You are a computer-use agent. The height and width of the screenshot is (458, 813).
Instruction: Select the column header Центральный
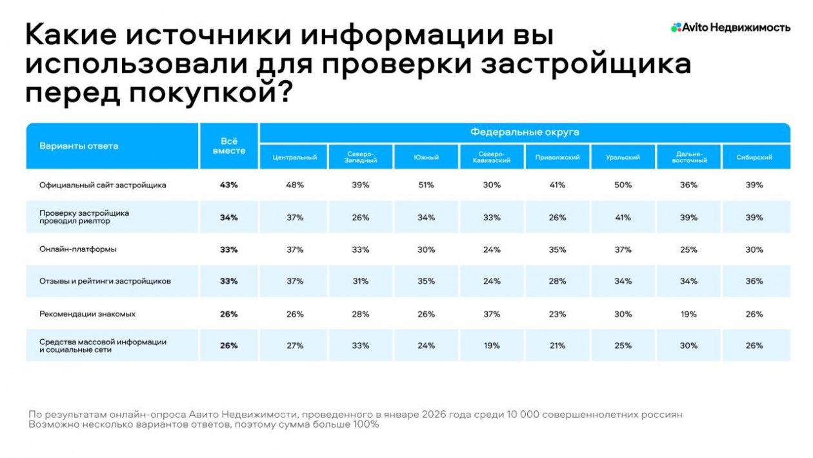tap(294, 158)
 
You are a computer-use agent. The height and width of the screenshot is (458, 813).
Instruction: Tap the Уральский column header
tap(623, 158)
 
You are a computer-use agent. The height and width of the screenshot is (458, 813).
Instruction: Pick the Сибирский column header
tap(754, 158)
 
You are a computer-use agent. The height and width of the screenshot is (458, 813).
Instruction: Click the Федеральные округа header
tap(524, 132)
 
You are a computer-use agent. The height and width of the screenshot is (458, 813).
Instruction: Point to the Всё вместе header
tap(228, 146)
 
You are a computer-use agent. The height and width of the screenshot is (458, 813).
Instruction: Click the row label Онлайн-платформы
tap(78, 249)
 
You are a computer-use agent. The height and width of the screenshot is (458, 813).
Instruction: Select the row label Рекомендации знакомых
tap(87, 314)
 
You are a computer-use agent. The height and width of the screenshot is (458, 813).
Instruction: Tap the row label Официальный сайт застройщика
tap(103, 185)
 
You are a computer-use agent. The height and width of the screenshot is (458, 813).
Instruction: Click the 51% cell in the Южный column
tap(426, 185)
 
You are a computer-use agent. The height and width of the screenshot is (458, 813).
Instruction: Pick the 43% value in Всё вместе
tap(228, 185)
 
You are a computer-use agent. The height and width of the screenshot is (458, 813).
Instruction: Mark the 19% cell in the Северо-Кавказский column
tap(492, 346)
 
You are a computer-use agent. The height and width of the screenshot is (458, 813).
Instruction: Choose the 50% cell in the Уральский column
tap(623, 185)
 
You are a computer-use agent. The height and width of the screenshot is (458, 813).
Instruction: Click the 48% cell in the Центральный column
tap(294, 185)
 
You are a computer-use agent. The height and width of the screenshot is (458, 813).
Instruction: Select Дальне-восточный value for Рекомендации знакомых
tap(688, 314)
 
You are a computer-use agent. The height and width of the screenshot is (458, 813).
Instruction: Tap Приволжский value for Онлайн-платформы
tap(557, 249)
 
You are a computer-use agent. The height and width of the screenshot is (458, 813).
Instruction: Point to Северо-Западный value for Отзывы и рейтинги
tap(360, 282)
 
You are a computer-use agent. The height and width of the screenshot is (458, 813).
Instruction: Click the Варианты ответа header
tap(79, 146)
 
